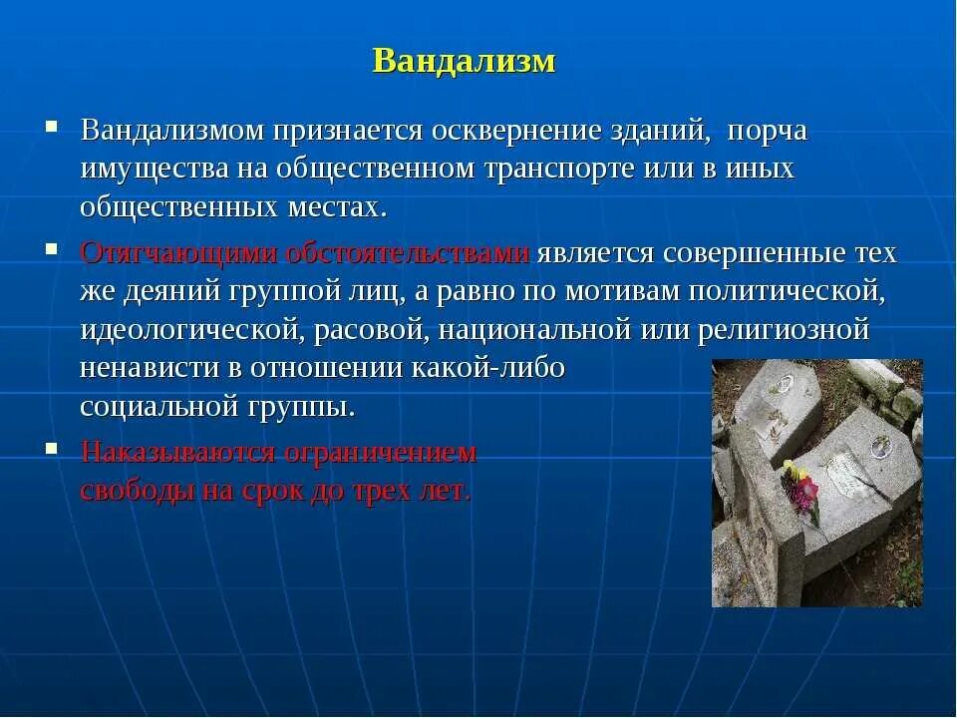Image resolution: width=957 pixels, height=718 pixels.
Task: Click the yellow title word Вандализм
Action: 464,61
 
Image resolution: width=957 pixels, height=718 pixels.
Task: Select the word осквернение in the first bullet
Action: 524,131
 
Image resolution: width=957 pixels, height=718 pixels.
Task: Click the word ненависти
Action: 146,367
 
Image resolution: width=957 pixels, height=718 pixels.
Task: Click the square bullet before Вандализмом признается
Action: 50,128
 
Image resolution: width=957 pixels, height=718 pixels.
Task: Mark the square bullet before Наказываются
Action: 50,449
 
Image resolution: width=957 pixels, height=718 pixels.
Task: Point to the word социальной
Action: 160,407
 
